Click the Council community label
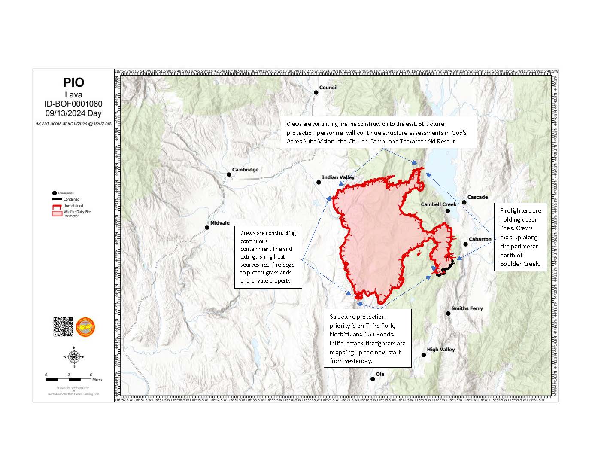pos(328,88)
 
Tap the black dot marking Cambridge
pos(229,174)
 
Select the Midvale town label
pos(220,223)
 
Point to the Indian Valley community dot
pos(319,183)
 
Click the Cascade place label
pos(477,197)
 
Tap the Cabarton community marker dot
pos(465,244)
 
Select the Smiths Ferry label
pos(467,308)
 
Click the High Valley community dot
pos(424,355)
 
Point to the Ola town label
pos(380,374)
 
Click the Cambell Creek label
pos(438,204)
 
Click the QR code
pos(63,327)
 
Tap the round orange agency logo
pos(85,327)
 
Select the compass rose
pos(74,357)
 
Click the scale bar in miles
pos(69,380)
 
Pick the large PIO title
pos(73,82)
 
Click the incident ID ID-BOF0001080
pos(73,104)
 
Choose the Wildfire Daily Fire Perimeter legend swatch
pos(57,213)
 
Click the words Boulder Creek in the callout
pos(519,264)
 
